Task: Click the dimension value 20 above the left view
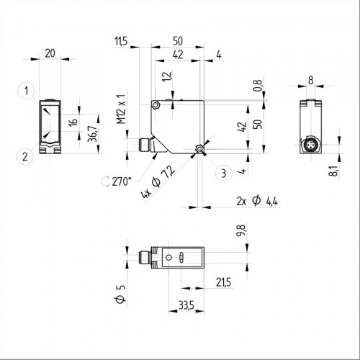pos(49,53)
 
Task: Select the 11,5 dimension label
pos(120,42)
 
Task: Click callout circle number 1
pos(25,91)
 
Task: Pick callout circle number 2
pos(25,155)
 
